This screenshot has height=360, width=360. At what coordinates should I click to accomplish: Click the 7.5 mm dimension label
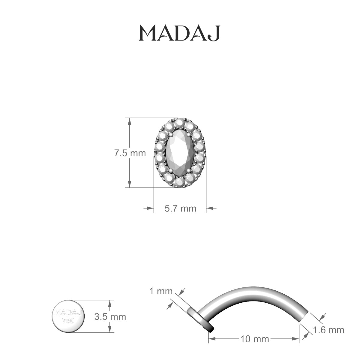(x=130, y=153)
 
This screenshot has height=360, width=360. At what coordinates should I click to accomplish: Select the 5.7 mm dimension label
(x=180, y=208)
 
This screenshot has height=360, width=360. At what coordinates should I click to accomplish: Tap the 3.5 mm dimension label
(x=110, y=316)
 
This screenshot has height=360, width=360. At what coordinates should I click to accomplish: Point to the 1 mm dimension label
(x=161, y=291)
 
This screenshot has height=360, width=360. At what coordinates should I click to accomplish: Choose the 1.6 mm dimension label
(x=328, y=330)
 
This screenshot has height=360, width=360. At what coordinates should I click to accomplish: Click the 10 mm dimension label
(x=254, y=339)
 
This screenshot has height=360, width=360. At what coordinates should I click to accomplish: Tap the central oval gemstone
(x=180, y=152)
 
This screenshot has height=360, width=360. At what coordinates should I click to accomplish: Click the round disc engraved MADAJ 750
(x=68, y=316)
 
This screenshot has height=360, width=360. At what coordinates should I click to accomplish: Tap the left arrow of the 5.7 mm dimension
(x=150, y=208)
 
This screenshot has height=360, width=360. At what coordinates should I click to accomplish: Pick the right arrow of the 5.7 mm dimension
(x=209, y=208)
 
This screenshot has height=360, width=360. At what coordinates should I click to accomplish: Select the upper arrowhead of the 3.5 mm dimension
(x=110, y=304)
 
